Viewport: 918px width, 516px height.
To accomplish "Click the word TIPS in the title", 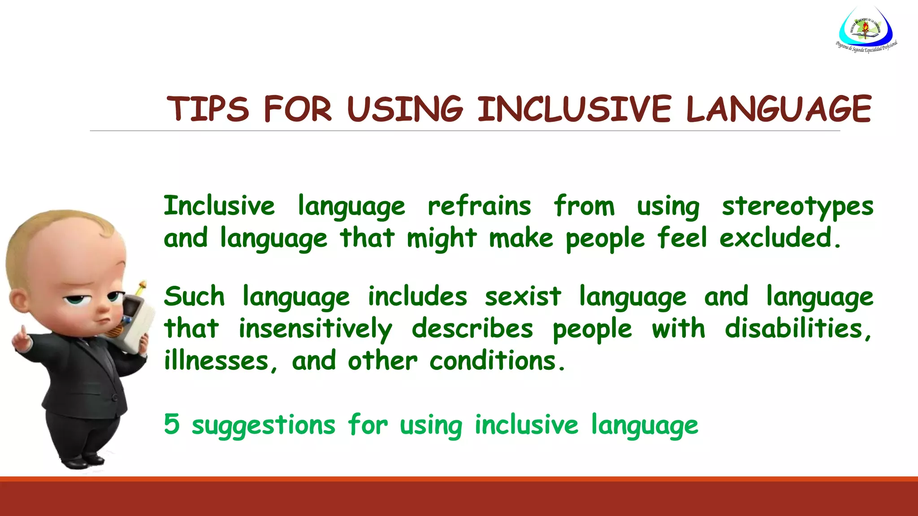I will click(208, 109).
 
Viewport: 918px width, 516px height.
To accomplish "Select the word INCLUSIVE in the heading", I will click(574, 109).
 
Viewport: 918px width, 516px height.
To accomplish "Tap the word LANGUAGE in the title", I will click(779, 109).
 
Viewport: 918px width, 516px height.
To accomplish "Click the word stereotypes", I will click(797, 207).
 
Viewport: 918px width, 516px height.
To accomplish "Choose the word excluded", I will click(780, 237).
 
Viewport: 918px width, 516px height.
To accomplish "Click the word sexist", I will click(523, 297).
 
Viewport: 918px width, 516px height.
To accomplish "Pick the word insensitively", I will click(315, 329).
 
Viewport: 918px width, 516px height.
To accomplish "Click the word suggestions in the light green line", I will click(264, 426).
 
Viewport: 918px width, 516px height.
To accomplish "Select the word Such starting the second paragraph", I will click(194, 297).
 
